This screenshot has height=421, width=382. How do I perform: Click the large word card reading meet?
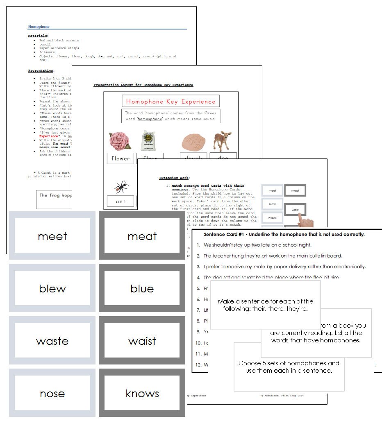(52, 236)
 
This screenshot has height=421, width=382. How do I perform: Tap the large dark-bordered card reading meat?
(142, 236)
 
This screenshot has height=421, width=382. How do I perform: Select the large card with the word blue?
(142, 288)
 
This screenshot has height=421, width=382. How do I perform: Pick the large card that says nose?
(52, 393)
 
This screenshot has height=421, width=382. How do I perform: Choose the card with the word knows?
(142, 393)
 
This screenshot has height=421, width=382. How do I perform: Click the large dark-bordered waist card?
(142, 341)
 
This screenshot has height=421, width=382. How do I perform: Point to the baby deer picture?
(222, 140)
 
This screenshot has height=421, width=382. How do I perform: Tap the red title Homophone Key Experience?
(171, 102)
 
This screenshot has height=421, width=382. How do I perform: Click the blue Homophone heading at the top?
(39, 27)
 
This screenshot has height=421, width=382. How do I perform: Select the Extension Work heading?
(174, 178)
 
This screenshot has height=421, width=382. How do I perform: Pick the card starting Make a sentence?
(265, 305)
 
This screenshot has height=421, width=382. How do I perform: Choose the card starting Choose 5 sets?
(289, 367)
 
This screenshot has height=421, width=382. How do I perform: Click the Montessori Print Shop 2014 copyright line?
(282, 396)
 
